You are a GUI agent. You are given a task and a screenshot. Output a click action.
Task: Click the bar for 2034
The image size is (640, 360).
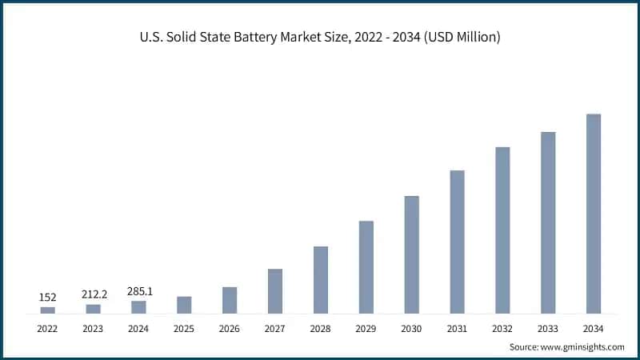(x=593, y=214)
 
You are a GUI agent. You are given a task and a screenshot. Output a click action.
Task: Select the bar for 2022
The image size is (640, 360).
(x=48, y=310)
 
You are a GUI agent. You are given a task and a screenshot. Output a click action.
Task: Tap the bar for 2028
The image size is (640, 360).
(x=321, y=279)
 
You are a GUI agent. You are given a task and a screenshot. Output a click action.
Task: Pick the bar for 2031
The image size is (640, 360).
(x=457, y=242)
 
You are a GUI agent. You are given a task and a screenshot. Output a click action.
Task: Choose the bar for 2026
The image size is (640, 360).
(x=230, y=300)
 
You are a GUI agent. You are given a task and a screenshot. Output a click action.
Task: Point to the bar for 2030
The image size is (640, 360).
(x=411, y=254)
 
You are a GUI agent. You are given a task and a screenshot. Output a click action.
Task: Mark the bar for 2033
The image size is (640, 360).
(x=548, y=222)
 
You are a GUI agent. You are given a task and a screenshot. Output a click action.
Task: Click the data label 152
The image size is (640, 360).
(x=48, y=298)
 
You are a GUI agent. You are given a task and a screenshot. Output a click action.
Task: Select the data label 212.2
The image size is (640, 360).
(x=94, y=294)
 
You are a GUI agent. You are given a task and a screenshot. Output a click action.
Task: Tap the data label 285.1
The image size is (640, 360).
(x=139, y=291)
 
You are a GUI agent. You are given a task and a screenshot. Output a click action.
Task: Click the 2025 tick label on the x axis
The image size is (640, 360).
(x=184, y=328)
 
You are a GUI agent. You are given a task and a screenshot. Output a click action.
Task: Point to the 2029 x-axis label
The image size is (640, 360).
(x=366, y=328)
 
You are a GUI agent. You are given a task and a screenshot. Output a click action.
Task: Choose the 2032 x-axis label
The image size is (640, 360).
(x=502, y=328)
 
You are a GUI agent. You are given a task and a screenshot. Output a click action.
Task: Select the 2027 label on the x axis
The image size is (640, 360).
(x=275, y=328)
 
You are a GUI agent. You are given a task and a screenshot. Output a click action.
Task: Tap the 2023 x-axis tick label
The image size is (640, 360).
(x=94, y=328)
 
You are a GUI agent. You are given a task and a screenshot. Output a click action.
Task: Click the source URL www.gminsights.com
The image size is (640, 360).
(x=584, y=347)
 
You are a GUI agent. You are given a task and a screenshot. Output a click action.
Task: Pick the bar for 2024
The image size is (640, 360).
(x=139, y=307)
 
